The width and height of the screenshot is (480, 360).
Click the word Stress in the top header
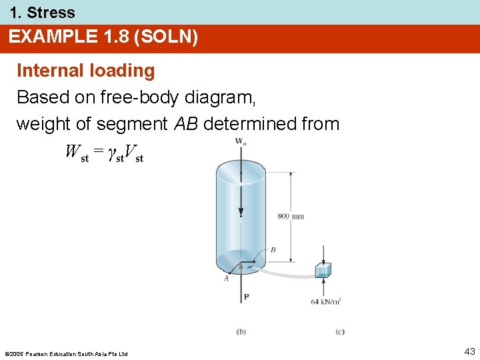51,12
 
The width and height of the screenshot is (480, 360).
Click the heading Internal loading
85,71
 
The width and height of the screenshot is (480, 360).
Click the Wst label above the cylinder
241,141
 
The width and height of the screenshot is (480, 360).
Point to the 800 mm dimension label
291,216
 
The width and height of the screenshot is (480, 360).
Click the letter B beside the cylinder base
273,250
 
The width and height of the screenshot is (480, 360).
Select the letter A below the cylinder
227,279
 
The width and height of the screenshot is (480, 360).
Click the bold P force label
246,297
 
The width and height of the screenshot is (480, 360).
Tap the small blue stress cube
323,270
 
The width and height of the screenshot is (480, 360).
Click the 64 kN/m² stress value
326,301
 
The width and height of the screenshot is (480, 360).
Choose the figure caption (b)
241,331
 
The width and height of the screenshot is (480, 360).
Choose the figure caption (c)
340,331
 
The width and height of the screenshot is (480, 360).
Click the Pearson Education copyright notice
66,353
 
